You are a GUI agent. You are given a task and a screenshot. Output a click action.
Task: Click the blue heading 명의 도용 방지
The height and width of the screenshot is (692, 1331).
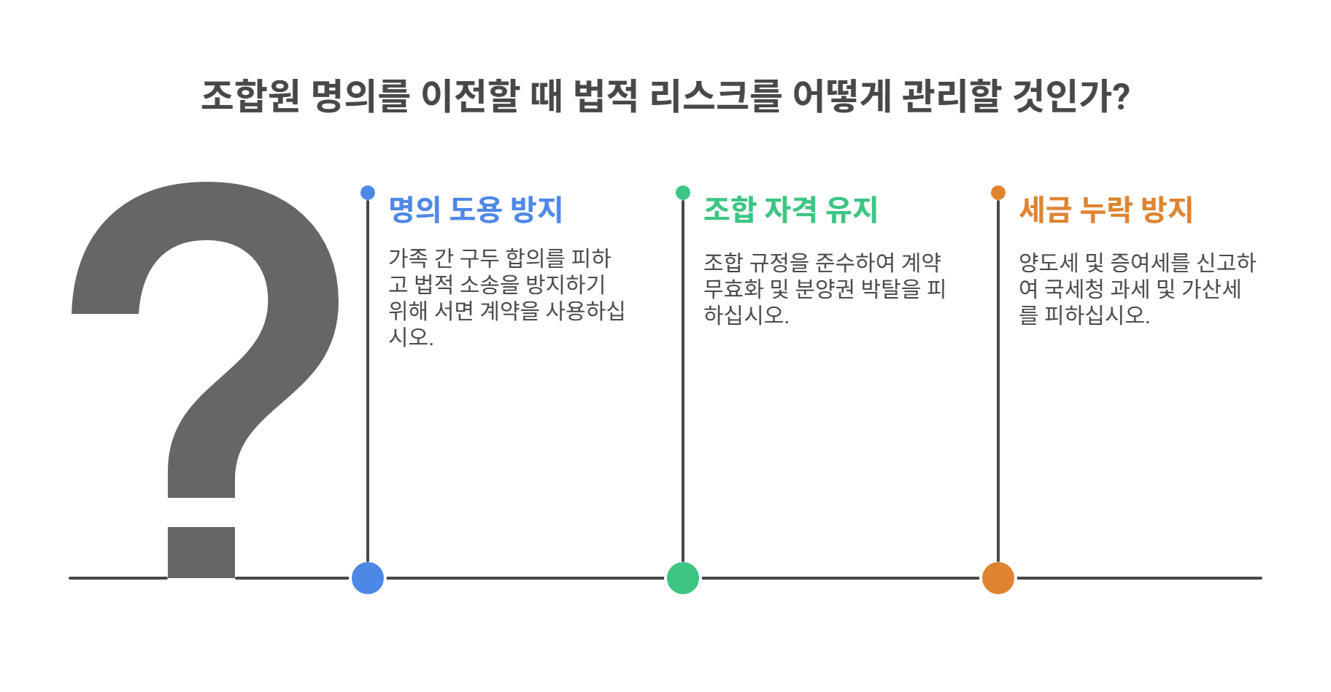coord(475,209)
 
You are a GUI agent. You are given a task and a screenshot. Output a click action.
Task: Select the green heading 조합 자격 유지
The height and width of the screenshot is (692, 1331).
coord(790,209)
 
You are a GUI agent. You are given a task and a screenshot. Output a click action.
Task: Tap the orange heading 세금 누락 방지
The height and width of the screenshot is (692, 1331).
coord(1106,209)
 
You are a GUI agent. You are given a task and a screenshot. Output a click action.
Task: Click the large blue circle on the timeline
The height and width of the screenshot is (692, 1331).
coord(368,578)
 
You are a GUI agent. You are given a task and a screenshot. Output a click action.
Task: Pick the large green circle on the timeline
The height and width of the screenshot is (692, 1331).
coord(683,578)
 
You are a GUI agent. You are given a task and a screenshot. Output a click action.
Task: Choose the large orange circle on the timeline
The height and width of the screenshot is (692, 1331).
coord(998,578)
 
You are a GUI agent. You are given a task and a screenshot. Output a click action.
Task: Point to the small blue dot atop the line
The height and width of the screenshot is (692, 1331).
coord(368,193)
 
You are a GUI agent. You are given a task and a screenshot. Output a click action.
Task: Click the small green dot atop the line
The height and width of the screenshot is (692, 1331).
coord(683,193)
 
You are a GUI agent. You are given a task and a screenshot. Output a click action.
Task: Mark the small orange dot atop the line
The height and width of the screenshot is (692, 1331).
coord(998,193)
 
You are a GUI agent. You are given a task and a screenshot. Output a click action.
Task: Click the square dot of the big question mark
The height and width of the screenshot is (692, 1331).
coord(201,552)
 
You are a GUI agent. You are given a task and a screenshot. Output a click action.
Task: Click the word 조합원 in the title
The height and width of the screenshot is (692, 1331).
coord(250,96)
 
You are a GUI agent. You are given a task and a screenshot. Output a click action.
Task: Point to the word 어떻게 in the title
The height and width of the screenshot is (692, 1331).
coord(841,96)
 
